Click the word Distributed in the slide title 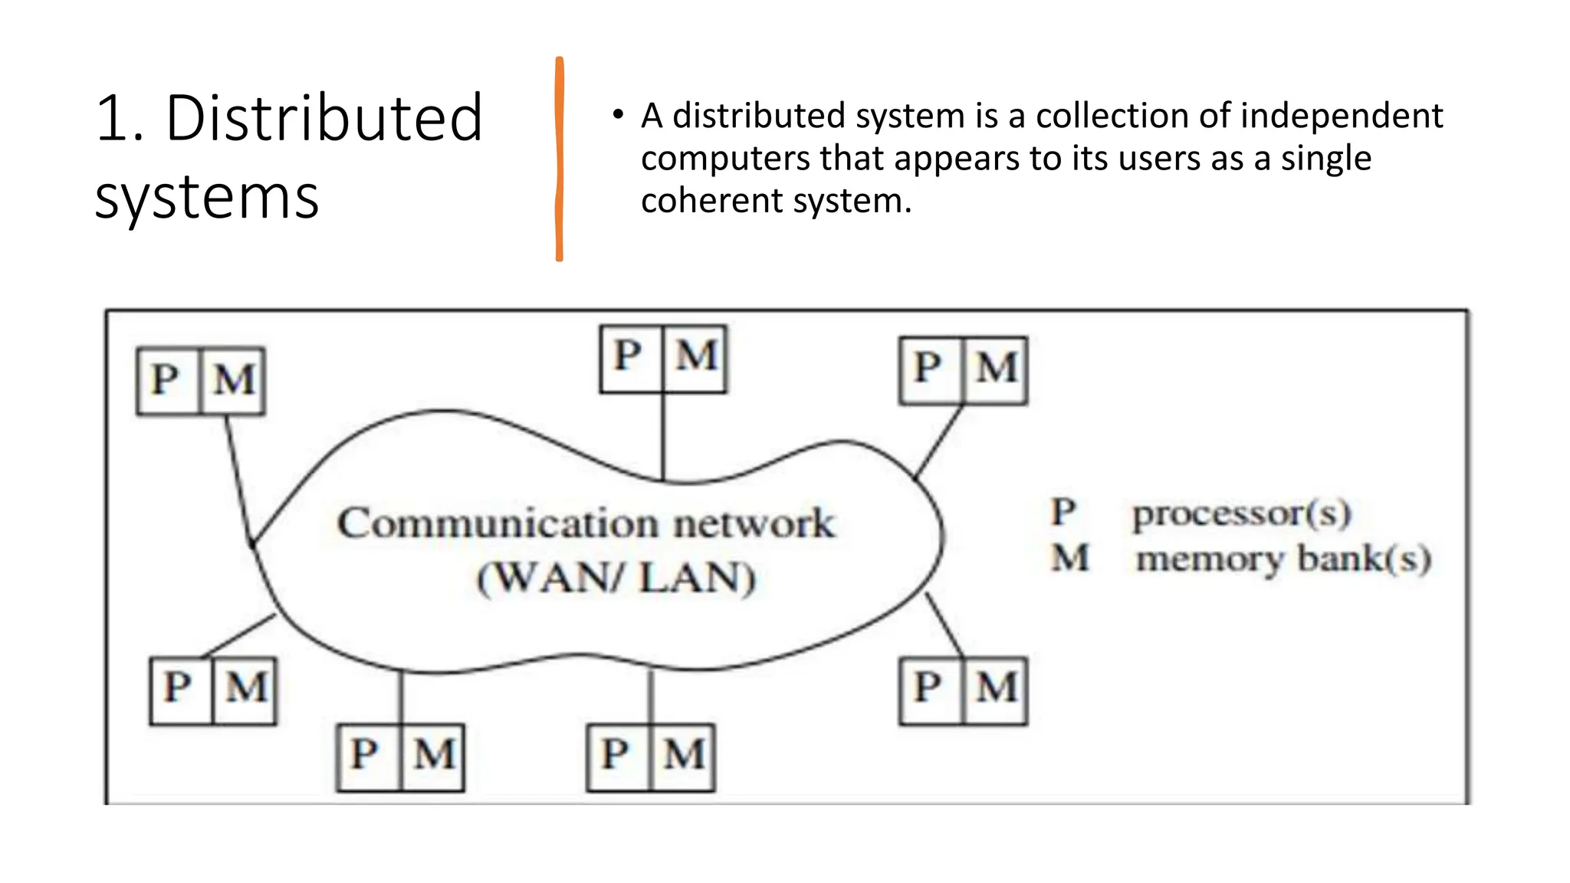324,119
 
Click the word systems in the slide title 207,198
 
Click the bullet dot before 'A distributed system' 618,116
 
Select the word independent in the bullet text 1341,117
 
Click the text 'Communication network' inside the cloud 586,524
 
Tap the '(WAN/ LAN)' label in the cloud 616,578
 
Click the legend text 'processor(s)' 1242,514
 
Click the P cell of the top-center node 629,357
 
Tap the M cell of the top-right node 996,369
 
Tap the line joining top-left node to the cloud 238,475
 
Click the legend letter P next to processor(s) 1064,513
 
